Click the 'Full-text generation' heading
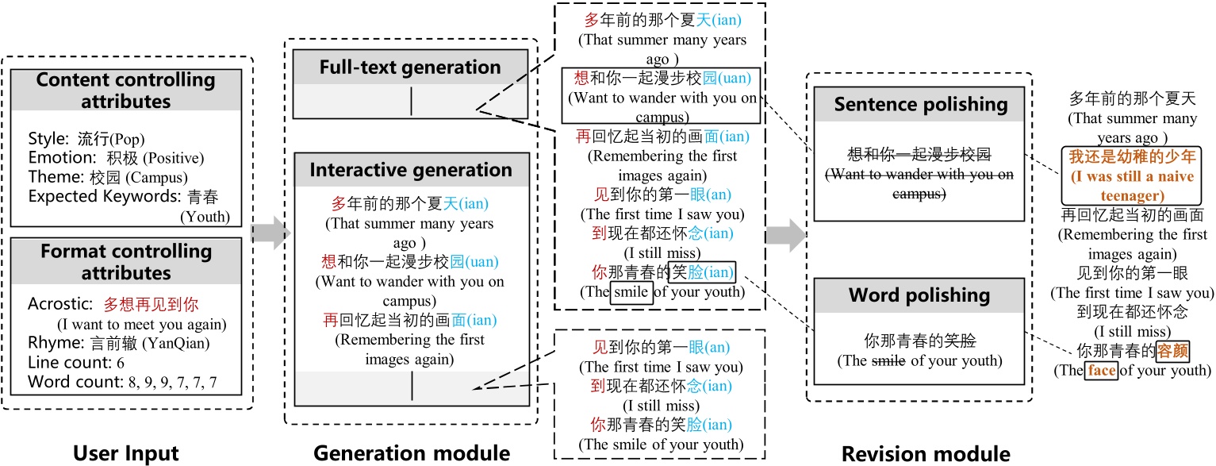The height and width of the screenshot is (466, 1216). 410,67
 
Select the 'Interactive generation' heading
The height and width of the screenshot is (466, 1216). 411,170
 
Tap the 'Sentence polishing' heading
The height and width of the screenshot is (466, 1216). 921,104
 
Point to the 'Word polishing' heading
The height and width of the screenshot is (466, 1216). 919,295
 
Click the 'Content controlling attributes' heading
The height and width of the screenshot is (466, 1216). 126,91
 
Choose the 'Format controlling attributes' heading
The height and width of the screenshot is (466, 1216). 126,261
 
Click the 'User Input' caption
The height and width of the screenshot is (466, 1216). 126,453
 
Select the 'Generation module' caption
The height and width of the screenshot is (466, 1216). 412,453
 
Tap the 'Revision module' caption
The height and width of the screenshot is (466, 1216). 926,453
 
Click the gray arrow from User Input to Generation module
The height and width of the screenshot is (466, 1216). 270,233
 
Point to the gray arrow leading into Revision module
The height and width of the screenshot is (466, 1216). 786,235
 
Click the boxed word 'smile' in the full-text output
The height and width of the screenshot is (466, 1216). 631,292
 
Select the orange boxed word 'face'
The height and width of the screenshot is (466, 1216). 1102,371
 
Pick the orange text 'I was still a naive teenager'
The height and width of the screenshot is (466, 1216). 1133,186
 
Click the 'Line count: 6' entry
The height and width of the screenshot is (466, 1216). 76,362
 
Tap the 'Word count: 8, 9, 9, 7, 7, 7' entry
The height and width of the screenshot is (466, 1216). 122,382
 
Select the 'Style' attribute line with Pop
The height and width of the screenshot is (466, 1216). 86,138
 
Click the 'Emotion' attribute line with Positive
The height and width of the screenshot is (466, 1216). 116,157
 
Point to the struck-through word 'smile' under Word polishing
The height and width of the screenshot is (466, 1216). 888,360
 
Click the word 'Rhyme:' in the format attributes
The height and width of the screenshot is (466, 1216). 56,343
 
